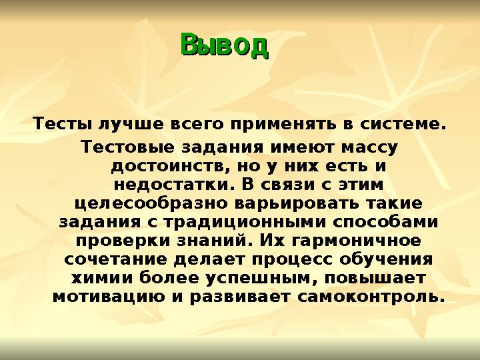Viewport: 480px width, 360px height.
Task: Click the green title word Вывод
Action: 224,45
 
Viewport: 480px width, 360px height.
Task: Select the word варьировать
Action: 273,201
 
